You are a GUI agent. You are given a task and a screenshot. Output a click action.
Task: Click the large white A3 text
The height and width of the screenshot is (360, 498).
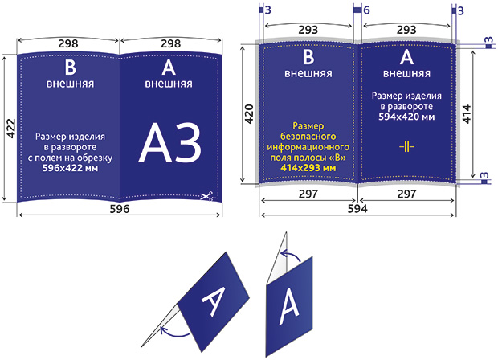[x=170, y=143]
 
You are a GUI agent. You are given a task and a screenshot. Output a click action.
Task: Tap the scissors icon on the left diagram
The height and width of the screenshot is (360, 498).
[x=206, y=196]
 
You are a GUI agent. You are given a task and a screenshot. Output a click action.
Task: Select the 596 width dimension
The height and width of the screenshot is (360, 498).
[x=120, y=209]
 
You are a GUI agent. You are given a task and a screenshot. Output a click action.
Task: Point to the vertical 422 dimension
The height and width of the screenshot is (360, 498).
[x=11, y=129]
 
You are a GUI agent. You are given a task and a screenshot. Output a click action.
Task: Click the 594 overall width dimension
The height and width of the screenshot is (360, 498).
[x=357, y=209]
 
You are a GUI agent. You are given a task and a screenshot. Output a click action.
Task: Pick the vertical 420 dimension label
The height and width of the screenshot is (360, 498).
[x=249, y=114]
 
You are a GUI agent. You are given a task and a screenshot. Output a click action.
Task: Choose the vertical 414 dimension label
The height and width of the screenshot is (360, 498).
[x=467, y=114]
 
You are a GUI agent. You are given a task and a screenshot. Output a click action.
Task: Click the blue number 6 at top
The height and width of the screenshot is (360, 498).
[x=366, y=10]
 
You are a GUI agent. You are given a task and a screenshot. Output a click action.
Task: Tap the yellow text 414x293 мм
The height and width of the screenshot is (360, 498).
[x=308, y=168]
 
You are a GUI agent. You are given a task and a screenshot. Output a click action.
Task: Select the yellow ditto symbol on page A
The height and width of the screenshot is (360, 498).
[x=407, y=147]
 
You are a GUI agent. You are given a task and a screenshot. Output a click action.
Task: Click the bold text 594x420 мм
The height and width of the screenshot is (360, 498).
[x=406, y=117]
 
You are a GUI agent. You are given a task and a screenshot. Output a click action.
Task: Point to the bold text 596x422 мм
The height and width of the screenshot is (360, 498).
[x=70, y=168]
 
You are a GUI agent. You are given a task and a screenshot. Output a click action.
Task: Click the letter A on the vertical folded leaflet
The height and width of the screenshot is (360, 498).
[x=289, y=308]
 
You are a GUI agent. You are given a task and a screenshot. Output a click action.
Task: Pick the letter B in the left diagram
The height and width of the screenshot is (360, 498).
[x=70, y=67]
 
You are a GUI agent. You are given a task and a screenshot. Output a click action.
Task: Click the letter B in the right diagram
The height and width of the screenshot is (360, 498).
[x=308, y=57]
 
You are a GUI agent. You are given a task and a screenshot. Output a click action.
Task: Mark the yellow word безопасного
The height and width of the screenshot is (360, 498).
[x=308, y=137]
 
